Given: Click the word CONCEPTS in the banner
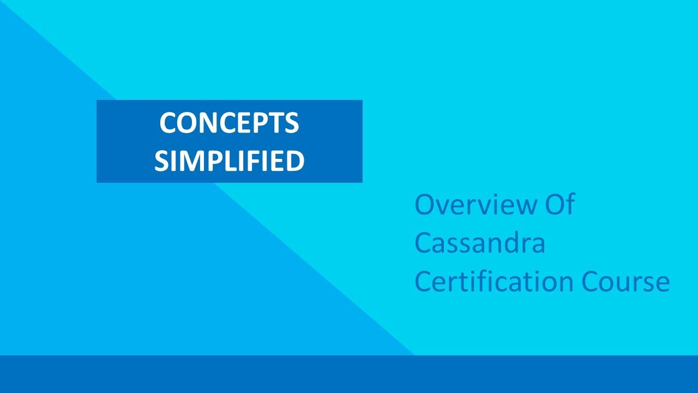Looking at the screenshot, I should point(229,123).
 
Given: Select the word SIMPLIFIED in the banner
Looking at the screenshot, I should point(229,161).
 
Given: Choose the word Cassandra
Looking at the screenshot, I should point(480,243).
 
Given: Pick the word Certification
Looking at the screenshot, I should point(494,282).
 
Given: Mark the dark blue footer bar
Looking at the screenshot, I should point(349,374).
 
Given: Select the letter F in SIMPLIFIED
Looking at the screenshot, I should point(249,161).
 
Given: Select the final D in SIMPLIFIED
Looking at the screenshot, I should point(294,161).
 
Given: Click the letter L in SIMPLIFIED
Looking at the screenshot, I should point(224,161).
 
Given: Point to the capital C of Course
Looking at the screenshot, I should point(591,282).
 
